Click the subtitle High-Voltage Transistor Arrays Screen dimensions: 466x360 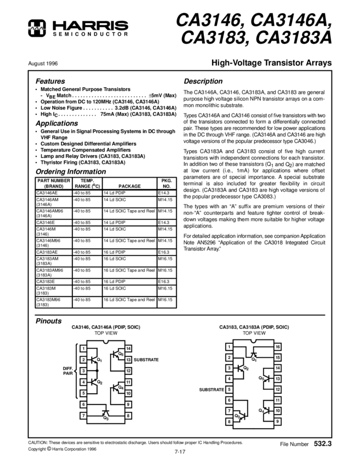(271, 63)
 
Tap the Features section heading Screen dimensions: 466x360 (50, 81)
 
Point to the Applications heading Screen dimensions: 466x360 (58, 123)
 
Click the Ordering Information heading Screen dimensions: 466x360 (71, 172)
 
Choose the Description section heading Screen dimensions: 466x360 (203, 81)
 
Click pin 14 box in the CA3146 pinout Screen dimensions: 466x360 (128, 349)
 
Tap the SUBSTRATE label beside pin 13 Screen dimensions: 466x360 (146, 360)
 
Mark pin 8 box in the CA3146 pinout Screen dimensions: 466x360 (128, 416)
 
